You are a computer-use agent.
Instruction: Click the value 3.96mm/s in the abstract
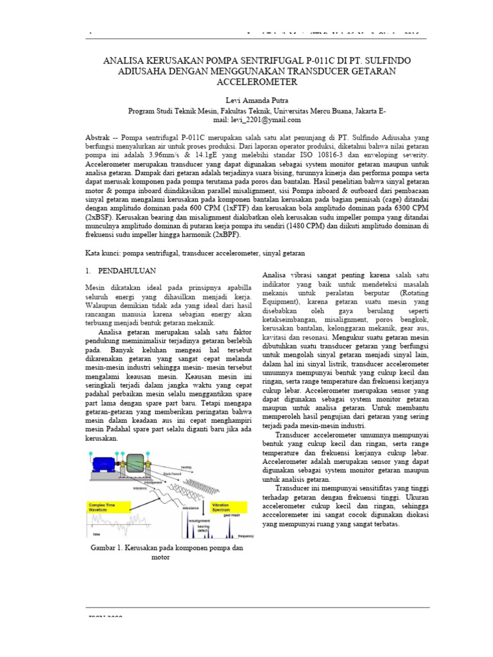click(x=164, y=156)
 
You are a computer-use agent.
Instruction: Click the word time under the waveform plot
click(x=97, y=534)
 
